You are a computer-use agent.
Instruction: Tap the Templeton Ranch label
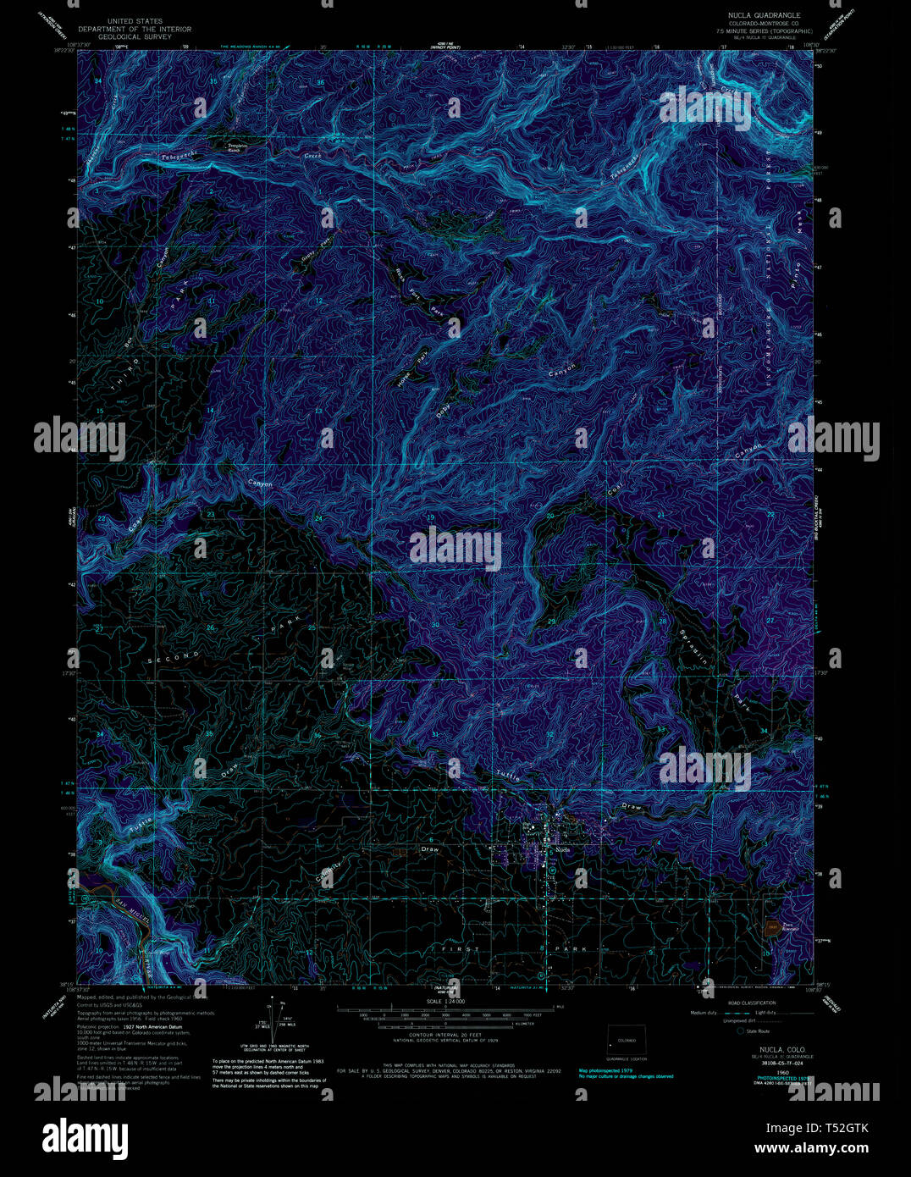[x=238, y=148]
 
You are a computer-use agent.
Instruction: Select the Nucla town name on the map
[x=562, y=848]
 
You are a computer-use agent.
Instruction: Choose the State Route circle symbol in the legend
[x=739, y=1031]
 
